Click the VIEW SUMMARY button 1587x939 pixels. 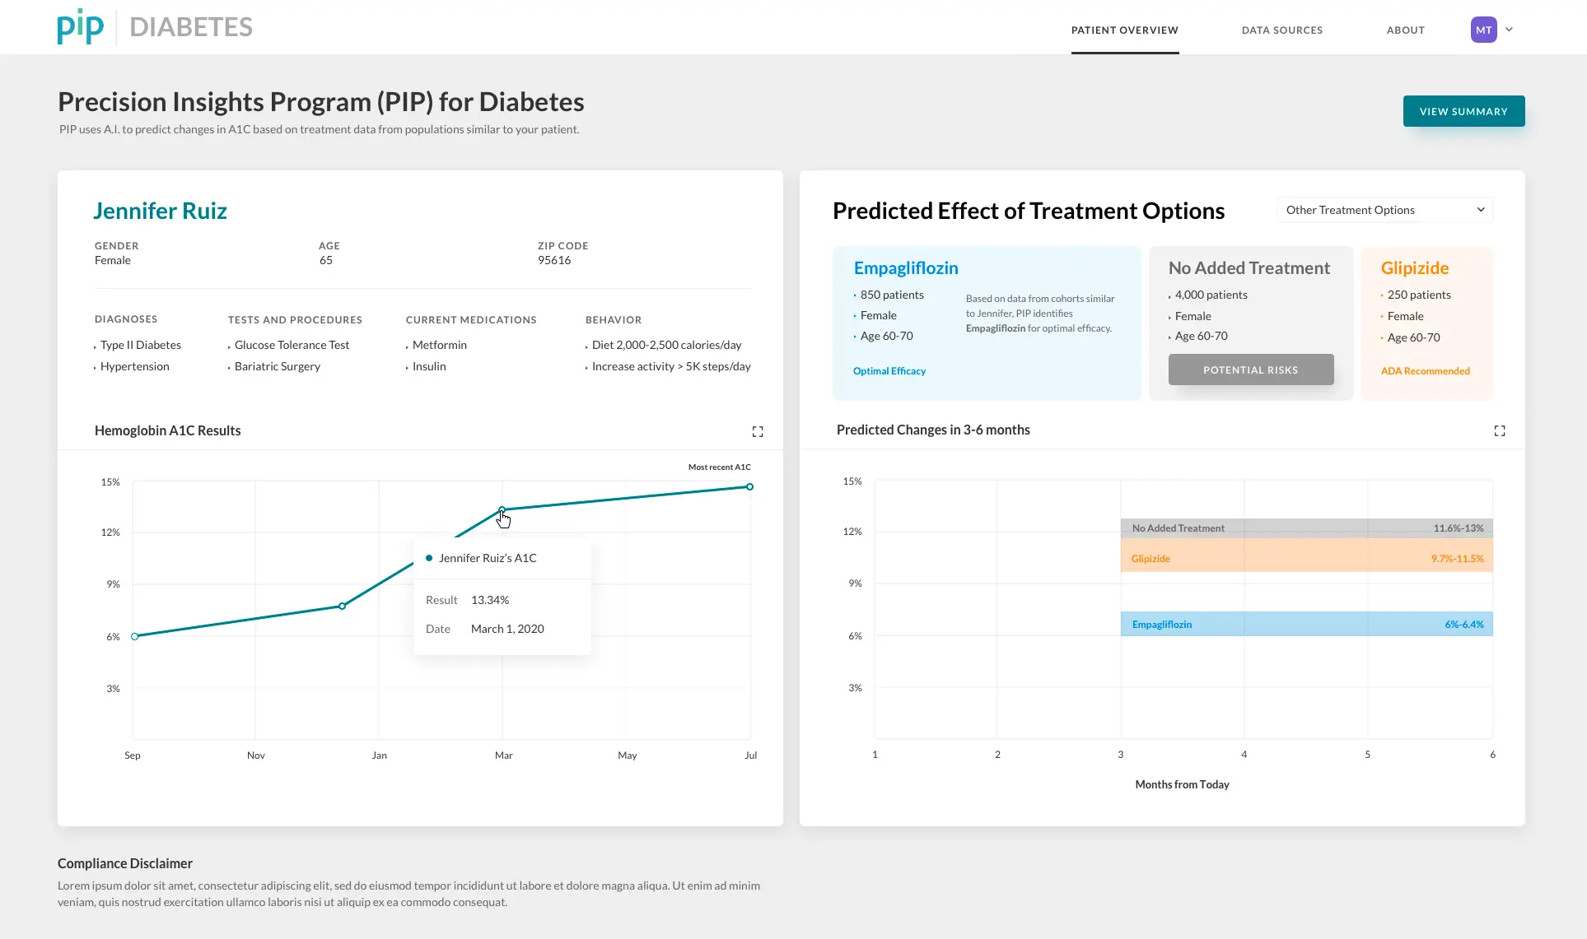(1463, 111)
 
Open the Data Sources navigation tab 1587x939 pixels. (1282, 30)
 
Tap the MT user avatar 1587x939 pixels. (1484, 30)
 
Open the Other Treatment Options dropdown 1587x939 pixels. (1385, 210)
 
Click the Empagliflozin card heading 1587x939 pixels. (906, 268)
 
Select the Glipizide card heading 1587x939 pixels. (1415, 268)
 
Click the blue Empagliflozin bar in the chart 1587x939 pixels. (1307, 624)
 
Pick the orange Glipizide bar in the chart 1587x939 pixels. (1307, 555)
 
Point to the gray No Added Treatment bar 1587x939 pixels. (1307, 528)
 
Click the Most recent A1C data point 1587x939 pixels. (749, 486)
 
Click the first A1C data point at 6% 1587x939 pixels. (135, 636)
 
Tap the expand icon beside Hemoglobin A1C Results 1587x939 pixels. (758, 431)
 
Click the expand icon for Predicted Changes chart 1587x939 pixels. (1500, 430)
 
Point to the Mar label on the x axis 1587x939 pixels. (504, 755)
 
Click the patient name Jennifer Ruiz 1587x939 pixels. (160, 211)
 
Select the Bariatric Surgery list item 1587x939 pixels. (278, 366)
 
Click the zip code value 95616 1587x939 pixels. (554, 260)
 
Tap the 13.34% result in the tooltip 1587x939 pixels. (490, 600)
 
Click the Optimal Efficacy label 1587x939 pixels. (889, 371)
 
